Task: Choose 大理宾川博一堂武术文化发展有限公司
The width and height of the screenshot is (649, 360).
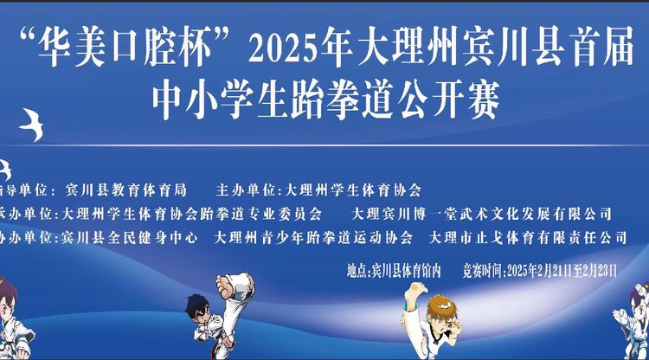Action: click(483, 213)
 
